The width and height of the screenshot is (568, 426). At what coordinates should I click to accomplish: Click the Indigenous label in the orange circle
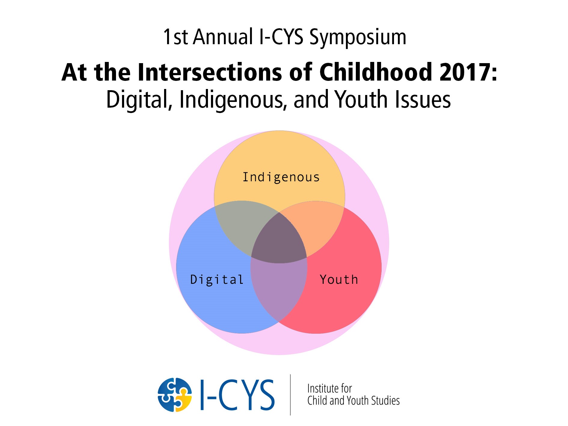(281, 177)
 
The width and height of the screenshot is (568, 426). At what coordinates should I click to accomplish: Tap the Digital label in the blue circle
(217, 280)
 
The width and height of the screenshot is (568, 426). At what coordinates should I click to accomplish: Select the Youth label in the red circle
(339, 280)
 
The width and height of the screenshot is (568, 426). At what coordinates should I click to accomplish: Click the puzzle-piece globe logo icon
(175, 395)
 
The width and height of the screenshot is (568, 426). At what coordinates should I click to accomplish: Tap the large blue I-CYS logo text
(237, 395)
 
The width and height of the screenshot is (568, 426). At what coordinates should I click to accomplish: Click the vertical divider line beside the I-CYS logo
(290, 395)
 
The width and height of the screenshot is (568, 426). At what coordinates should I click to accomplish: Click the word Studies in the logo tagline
(386, 400)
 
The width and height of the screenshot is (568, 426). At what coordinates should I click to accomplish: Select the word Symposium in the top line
(358, 38)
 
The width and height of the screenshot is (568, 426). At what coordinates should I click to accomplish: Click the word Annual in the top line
(223, 37)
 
